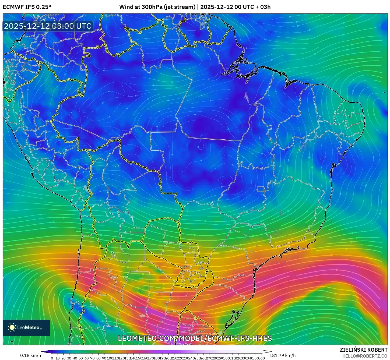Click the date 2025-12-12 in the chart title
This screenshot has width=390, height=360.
coord(217,7)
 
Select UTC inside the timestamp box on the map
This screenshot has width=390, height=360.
coord(84,26)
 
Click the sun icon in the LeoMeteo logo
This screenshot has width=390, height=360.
coord(12,327)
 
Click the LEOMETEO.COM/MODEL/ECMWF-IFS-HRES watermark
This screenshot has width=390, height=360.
coord(195,338)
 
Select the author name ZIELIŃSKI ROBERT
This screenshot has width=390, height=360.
coord(364,350)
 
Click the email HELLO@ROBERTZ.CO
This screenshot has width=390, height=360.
coord(365,356)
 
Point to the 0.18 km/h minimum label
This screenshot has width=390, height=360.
coord(31,355)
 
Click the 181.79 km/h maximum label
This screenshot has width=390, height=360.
coord(282,355)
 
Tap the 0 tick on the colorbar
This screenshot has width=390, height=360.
coord(52,358)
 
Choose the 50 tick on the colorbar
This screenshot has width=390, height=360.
coord(81,358)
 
